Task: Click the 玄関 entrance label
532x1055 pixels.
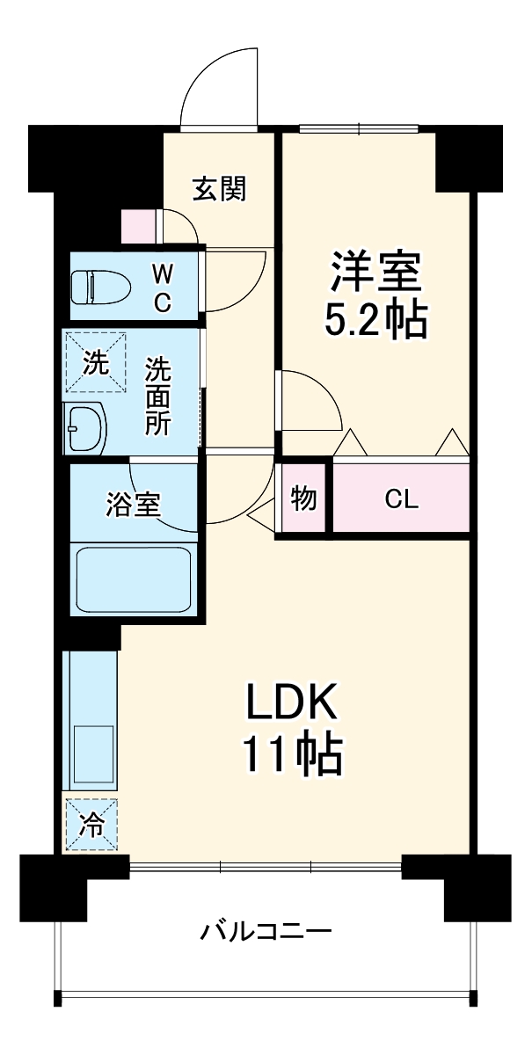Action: coord(219,188)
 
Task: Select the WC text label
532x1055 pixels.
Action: coord(163,287)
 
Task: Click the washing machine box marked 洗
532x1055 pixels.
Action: coord(94,361)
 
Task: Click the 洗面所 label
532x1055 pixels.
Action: coord(158,397)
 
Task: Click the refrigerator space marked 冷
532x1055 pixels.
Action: coord(91,826)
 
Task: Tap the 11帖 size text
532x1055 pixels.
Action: coord(291,753)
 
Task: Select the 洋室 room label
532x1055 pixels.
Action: coord(375,273)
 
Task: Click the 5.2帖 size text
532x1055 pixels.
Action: coord(375,322)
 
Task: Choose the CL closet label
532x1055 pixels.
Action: coord(401,499)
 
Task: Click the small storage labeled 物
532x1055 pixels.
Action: coord(303,498)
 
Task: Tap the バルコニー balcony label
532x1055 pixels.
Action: coord(266,930)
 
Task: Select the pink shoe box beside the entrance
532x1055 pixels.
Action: coord(138,226)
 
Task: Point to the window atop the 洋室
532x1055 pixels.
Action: coord(358,129)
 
